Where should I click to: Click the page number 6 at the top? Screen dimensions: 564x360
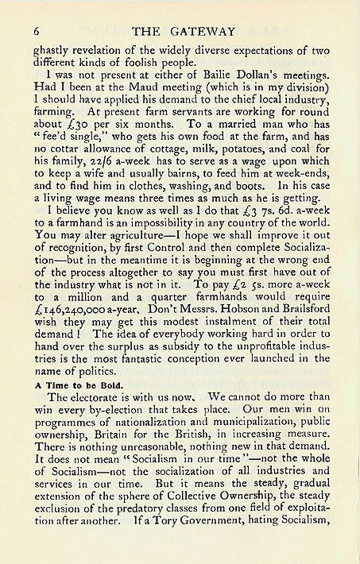(x=37, y=31)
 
